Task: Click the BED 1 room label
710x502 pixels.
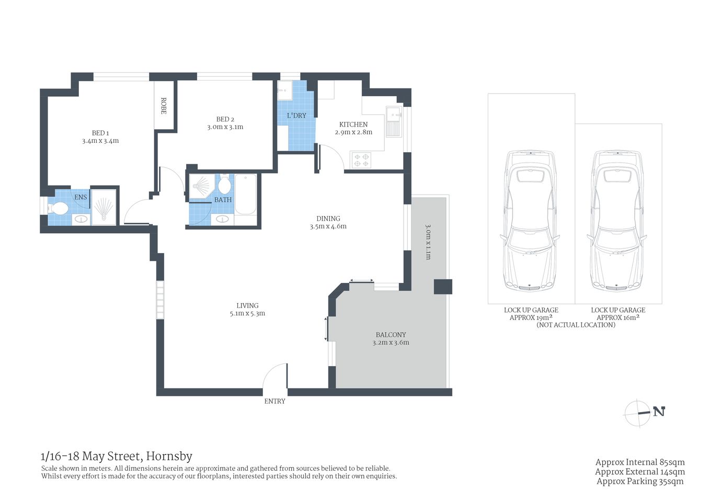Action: pos(100,133)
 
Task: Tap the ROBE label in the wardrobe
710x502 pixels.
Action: pos(163,106)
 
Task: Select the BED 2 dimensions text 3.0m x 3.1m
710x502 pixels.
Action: pos(225,127)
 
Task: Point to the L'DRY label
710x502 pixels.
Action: pos(296,116)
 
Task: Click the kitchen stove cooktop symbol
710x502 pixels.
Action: pos(361,160)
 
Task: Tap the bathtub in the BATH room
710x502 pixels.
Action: pos(245,194)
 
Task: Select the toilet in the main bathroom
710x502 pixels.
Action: pos(224,185)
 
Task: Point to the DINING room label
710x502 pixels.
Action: pos(328,219)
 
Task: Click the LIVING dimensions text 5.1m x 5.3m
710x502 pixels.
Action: pos(247,314)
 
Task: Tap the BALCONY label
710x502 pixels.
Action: pos(391,335)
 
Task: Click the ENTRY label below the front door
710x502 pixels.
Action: pos(274,401)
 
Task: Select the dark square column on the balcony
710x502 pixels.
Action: pos(442,287)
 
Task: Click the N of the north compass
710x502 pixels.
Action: pos(659,412)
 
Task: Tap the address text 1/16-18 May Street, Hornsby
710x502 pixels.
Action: pos(117,457)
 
